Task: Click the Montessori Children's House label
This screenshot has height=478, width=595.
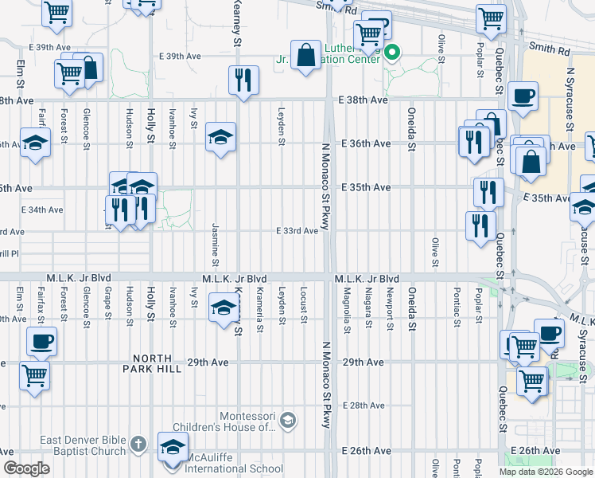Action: [248, 421]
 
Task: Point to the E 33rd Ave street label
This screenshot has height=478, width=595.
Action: [297, 231]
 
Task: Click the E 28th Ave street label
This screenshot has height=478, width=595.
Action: [364, 406]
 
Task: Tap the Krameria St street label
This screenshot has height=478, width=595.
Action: [260, 307]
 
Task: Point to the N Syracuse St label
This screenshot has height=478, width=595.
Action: [570, 100]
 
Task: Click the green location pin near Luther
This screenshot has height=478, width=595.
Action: [391, 54]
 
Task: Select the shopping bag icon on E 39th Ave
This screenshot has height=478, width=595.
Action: [305, 56]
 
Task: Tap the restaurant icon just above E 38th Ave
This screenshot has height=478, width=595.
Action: [242, 80]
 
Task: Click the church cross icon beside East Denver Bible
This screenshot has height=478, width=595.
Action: [138, 443]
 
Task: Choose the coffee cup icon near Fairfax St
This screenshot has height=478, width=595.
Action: [41, 342]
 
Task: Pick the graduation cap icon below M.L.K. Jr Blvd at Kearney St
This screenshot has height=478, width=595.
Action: [224, 307]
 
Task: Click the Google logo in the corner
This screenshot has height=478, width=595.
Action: [26, 468]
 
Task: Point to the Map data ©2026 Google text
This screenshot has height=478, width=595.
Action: [546, 472]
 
